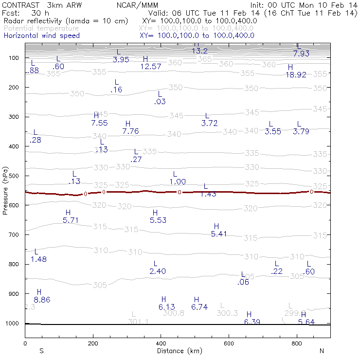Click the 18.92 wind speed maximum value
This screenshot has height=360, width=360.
pyautogui.click(x=296, y=75)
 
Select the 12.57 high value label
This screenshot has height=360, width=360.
pyautogui.click(x=151, y=67)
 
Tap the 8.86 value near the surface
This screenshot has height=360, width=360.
pyautogui.click(x=42, y=300)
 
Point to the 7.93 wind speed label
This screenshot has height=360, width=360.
pyautogui.click(x=301, y=54)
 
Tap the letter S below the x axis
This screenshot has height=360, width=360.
pyautogui.click(x=42, y=351)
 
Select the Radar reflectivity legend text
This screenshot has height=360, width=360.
pyautogui.click(x=66, y=21)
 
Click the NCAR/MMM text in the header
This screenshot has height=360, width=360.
pyautogui.click(x=138, y=5)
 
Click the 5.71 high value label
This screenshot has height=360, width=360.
pyautogui.click(x=71, y=220)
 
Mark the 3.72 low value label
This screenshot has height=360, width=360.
pyautogui.click(x=209, y=124)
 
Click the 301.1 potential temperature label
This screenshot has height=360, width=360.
pyautogui.click(x=138, y=322)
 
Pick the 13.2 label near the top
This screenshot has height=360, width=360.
pyautogui.click(x=199, y=51)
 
